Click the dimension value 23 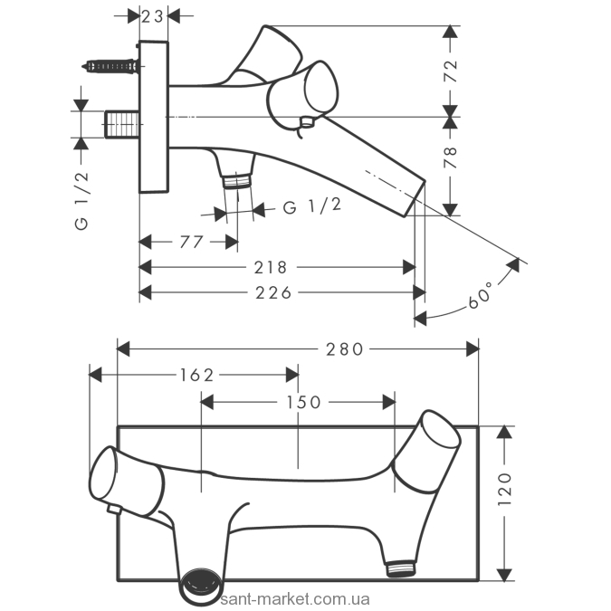click(153, 15)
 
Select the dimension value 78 click(451, 160)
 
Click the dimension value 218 click(271, 267)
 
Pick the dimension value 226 click(274, 292)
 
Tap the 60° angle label click(482, 293)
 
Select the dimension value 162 click(196, 374)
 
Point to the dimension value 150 click(303, 401)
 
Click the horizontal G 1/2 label click(312, 207)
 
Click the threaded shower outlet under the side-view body click(237, 179)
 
